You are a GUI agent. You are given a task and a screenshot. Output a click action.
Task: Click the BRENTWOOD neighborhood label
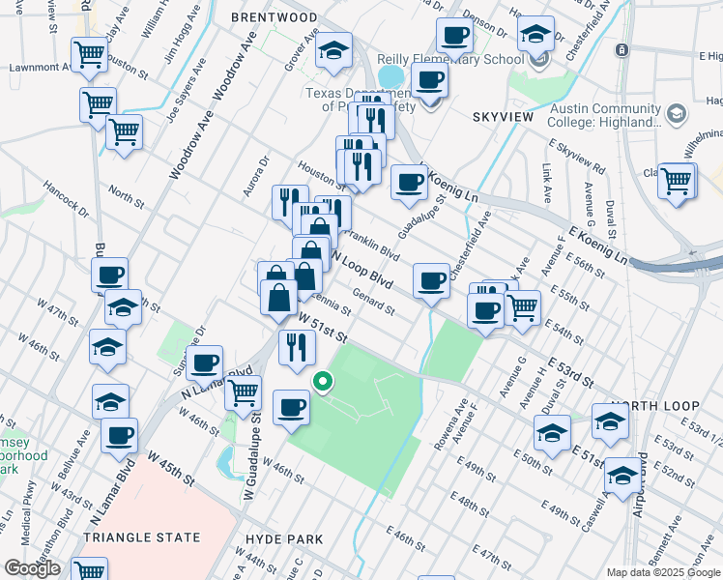[274, 17]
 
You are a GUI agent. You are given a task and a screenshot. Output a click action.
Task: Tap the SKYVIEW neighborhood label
[502, 116]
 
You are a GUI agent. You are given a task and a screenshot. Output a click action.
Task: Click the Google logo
[32, 567]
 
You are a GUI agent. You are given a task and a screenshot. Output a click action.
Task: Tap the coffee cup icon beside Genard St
[431, 281]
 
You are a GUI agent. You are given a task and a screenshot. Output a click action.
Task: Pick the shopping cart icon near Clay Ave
[89, 55]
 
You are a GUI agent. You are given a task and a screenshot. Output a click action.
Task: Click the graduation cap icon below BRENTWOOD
[334, 51]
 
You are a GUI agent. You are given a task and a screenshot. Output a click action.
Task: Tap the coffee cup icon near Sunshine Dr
[204, 363]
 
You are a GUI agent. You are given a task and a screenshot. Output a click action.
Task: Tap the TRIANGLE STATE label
[141, 537]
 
